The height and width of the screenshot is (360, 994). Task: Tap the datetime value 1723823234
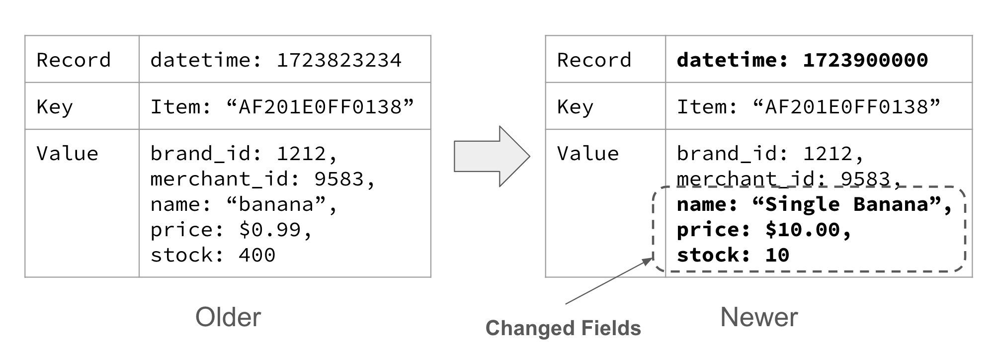[x=338, y=60]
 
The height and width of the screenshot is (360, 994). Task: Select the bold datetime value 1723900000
[x=865, y=60]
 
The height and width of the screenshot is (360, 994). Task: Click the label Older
[x=228, y=317]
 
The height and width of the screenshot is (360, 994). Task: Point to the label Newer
[x=758, y=317]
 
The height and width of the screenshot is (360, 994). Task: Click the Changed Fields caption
[x=563, y=328]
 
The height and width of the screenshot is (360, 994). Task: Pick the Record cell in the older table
[x=74, y=60]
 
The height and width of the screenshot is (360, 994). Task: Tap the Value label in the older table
[x=67, y=154]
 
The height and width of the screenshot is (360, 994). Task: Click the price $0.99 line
[x=231, y=230]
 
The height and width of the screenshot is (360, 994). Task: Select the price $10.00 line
[x=764, y=230]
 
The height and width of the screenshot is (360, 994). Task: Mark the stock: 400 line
[x=213, y=255]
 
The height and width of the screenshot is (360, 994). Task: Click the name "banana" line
[x=244, y=204]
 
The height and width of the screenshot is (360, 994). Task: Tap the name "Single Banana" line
[x=814, y=204]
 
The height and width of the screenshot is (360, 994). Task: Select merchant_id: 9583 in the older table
[x=262, y=179]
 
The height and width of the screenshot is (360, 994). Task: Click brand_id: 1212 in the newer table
[x=770, y=154]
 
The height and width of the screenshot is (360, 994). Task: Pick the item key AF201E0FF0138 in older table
[x=320, y=107]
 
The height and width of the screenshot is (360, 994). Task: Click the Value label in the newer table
[x=587, y=154]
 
